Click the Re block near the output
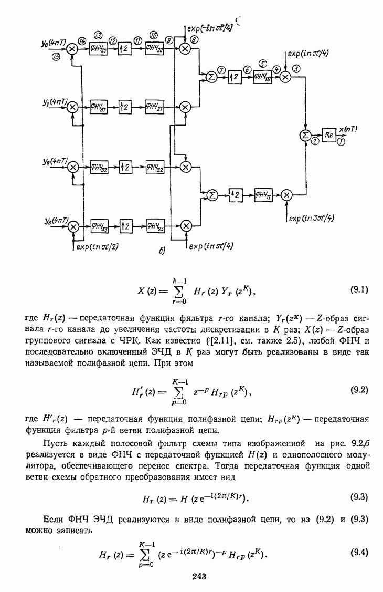coord(328,135)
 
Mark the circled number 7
coord(221,70)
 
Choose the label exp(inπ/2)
coord(98,245)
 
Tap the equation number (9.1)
coord(359,289)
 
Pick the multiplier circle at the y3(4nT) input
coord(73,225)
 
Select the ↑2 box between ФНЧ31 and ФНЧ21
coord(124,107)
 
